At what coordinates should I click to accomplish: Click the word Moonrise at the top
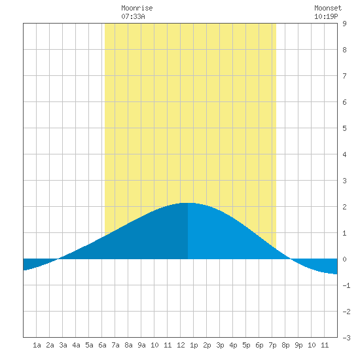coord(137,8)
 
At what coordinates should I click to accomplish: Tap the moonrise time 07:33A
coord(133,16)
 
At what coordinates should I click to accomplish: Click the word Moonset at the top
coord(328,8)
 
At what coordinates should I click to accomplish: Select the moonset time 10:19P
coord(326,16)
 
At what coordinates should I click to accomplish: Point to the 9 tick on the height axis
coord(344,24)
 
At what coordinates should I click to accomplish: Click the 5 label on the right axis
coord(344,128)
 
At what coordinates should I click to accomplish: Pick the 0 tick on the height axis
coord(344,259)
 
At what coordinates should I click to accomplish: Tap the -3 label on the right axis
coord(346,338)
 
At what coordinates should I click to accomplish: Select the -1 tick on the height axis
coord(346,285)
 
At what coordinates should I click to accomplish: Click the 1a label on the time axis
coord(37,345)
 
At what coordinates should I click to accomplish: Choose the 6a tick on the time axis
coord(102,345)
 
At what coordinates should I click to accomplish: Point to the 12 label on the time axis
coord(181,345)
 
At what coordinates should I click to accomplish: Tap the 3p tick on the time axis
coord(220,345)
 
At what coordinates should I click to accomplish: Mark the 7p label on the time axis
coord(272,345)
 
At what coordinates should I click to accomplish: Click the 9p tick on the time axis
coord(298,345)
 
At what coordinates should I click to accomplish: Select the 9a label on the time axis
coord(141,345)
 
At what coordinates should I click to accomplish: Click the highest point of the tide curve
coord(188,203)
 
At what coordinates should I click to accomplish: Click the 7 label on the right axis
coord(344,76)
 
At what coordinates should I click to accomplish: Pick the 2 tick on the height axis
coord(344,207)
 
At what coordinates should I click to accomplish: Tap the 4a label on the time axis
coord(76,345)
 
